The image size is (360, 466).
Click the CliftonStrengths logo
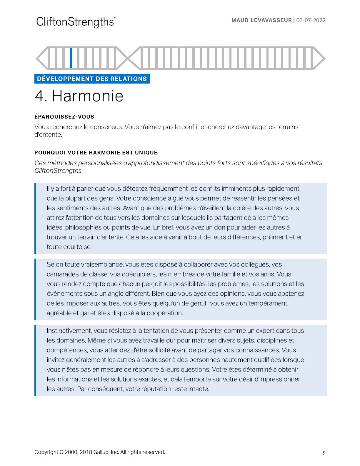coord(76,22)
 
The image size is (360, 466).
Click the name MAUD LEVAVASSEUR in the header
coord(261,20)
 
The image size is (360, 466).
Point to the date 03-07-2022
coord(311,20)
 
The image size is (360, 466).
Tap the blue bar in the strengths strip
coord(71,58)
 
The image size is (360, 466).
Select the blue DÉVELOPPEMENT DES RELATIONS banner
coord(92,79)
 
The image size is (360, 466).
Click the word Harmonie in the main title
coord(88,96)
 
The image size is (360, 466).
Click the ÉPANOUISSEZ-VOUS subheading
coord(64,117)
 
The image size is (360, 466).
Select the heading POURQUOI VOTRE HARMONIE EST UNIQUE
coord(96,153)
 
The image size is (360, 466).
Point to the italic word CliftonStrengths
coord(58,171)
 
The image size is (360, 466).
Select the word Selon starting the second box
coord(55,264)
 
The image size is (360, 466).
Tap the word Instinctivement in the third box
coord(69,331)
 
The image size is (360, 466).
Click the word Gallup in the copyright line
coord(101,452)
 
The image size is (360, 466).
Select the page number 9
coord(324,453)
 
